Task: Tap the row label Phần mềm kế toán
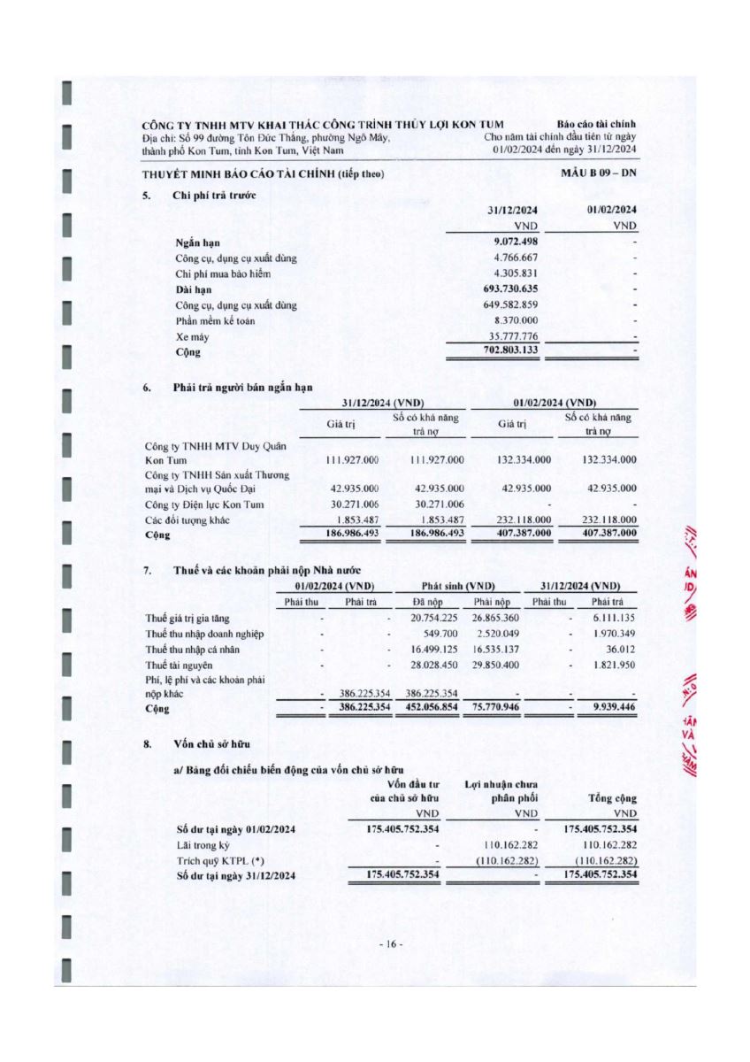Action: (215, 320)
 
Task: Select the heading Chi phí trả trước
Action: (215, 195)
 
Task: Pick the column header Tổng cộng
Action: (612, 798)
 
